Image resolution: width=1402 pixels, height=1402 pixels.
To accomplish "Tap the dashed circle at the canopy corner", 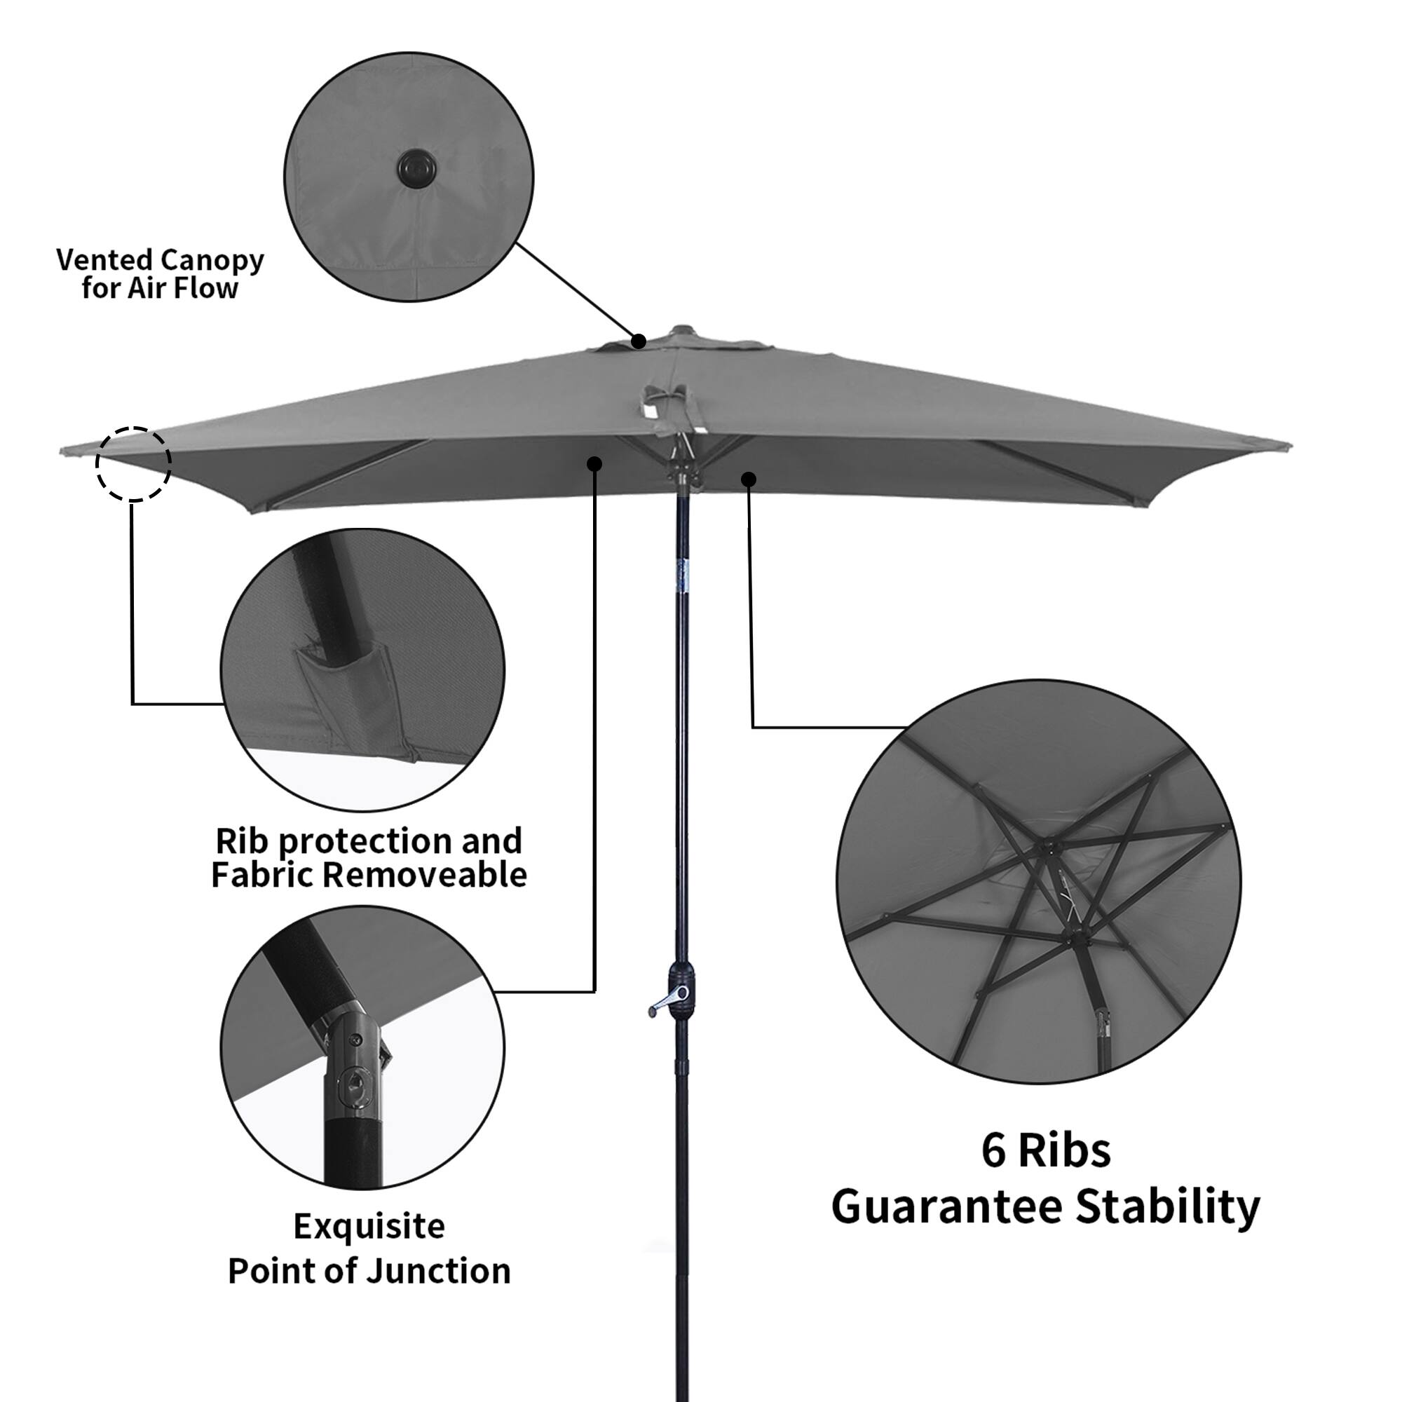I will (133, 463).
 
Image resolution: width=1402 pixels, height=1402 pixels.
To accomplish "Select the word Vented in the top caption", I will (104, 260).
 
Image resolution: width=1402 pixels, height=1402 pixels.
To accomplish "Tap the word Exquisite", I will (369, 1226).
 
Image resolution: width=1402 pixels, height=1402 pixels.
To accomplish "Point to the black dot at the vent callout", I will (639, 341).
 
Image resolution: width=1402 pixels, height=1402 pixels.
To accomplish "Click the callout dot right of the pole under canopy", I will (749, 479).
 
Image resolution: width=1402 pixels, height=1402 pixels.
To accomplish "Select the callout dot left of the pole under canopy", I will (594, 463).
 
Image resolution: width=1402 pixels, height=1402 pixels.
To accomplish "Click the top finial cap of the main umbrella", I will (680, 332).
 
